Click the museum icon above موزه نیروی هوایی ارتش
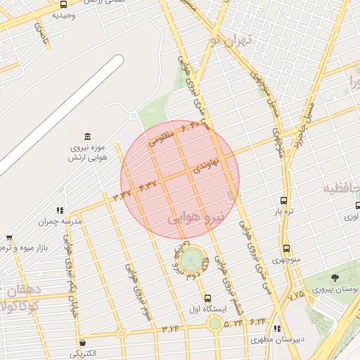(x=87, y=135)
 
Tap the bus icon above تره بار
(x=283, y=201)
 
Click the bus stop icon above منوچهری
(x=286, y=248)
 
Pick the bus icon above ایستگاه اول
(x=207, y=298)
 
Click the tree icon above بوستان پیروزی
(x=335, y=278)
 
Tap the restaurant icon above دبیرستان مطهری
(x=277, y=328)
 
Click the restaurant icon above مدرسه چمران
(x=60, y=210)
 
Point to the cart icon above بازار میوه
(x=9, y=238)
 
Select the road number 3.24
(x=171, y=328)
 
